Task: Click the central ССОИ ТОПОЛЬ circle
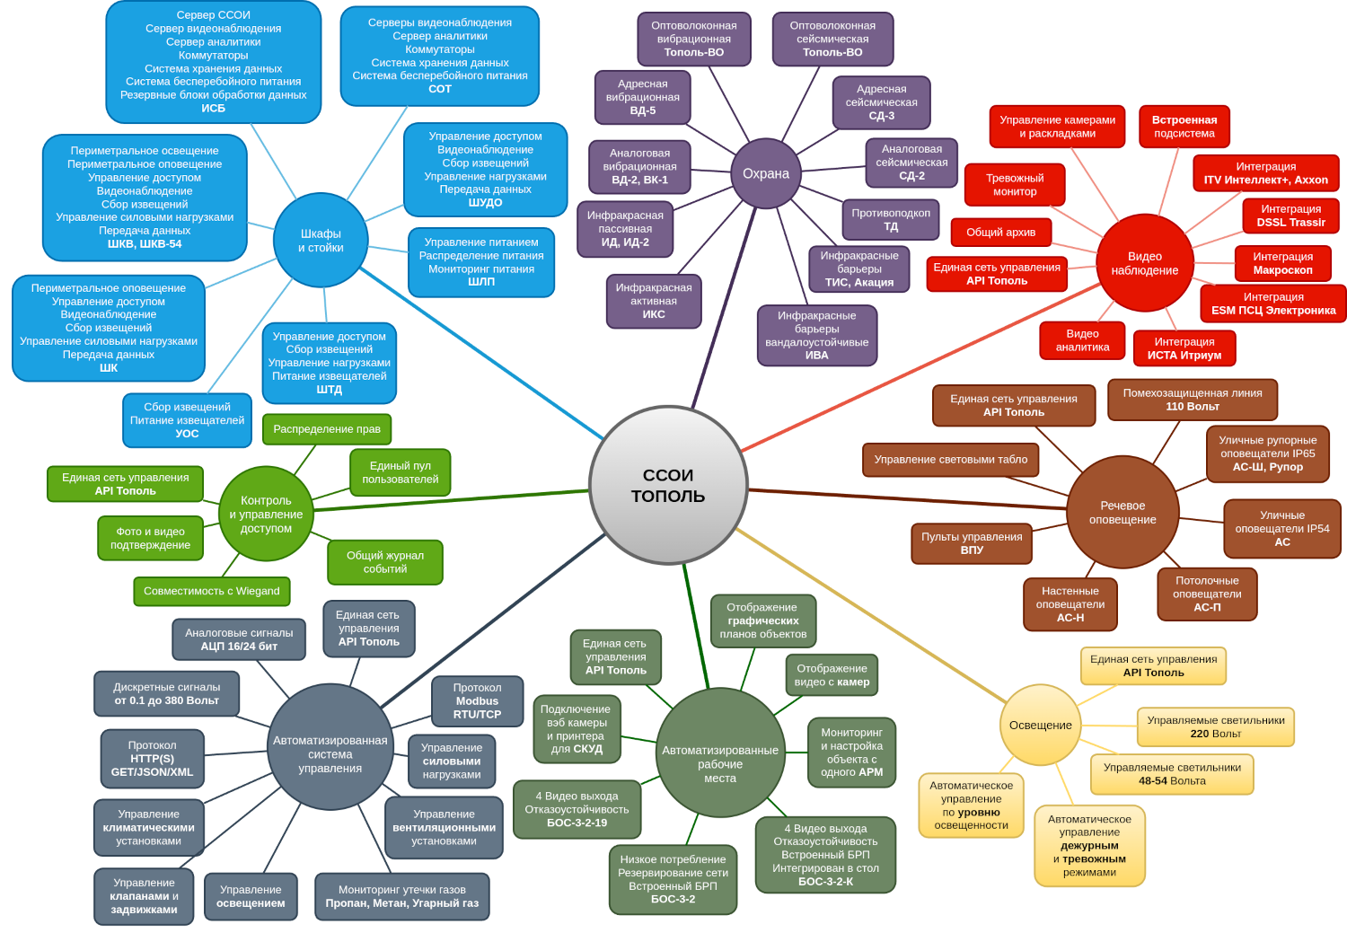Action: tap(668, 485)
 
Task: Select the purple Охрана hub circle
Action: tap(765, 173)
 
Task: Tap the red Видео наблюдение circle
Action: tap(1144, 263)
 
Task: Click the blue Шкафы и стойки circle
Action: tap(321, 240)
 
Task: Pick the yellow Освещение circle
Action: tap(1040, 725)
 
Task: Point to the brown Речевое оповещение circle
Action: tap(1122, 512)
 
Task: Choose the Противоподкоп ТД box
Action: tap(890, 220)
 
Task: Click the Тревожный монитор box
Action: tap(1015, 184)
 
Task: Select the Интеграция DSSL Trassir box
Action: tap(1290, 216)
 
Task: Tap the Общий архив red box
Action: tap(1000, 232)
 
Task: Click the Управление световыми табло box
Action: tap(950, 459)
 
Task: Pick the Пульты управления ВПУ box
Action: tap(972, 543)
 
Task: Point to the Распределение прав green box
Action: tap(327, 428)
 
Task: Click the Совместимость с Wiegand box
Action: tap(212, 591)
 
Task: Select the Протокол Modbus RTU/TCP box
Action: tap(477, 701)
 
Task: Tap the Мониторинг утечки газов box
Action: tap(401, 896)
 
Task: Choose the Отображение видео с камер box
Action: tap(832, 675)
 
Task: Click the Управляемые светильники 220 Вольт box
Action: tap(1215, 726)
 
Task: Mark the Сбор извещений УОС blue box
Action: tap(187, 419)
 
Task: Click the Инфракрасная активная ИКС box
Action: tap(653, 301)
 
